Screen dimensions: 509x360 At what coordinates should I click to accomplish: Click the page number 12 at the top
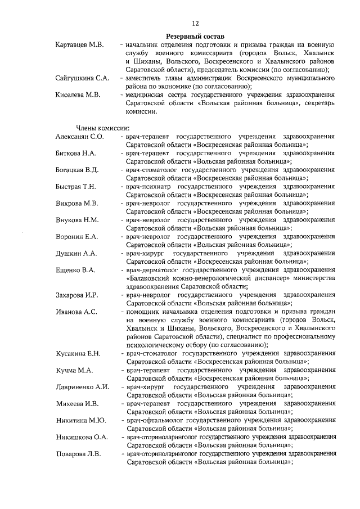tap(195, 24)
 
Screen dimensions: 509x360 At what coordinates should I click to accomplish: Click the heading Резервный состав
tap(195, 35)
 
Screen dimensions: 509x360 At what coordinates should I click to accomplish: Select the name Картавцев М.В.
tap(80, 44)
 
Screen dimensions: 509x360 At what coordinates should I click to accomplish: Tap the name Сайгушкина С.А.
tap(82, 78)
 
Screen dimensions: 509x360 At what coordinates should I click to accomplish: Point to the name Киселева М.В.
tap(78, 95)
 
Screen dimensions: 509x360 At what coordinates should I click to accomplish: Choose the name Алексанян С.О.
tap(79, 137)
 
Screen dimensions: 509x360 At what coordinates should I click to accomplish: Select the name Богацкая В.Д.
tap(78, 169)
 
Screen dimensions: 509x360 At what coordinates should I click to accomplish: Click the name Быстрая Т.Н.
tap(76, 186)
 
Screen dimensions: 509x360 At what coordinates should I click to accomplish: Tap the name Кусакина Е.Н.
tap(78, 353)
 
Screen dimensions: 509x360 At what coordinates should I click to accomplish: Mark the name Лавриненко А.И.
tap(82, 386)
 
